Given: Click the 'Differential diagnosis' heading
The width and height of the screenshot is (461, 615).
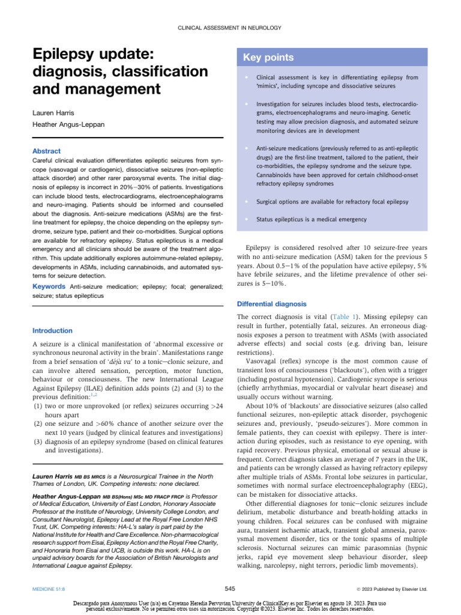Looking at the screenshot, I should (x=271, y=304).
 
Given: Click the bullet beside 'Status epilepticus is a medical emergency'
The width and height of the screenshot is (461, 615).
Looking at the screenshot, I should (x=246, y=220).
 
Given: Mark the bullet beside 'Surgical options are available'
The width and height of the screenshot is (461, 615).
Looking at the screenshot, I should (x=246, y=202).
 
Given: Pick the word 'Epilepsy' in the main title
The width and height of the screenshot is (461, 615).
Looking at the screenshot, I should (x=67, y=55).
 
